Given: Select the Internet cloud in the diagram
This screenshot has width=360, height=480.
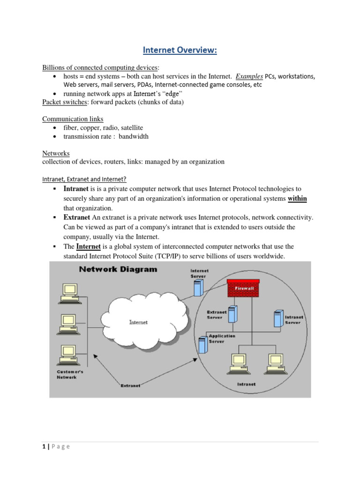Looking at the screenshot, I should pyautogui.click(x=138, y=322).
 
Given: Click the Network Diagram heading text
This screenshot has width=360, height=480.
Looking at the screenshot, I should pyautogui.click(x=118, y=270).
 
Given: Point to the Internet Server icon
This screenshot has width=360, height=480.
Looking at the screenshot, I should pyautogui.click(x=199, y=289).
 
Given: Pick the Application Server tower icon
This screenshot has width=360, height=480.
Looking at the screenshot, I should pyautogui.click(x=202, y=345).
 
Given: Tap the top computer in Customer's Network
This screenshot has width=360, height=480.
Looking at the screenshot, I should pyautogui.click(x=66, y=292).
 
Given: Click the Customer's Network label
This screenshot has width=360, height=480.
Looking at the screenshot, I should pyautogui.click(x=67, y=374).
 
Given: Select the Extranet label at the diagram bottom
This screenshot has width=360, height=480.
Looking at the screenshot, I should pyautogui.click(x=131, y=385).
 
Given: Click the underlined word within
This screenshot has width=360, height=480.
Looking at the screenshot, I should pyautogui.click(x=297, y=198).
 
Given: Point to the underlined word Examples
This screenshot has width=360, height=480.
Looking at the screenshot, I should pyautogui.click(x=249, y=76).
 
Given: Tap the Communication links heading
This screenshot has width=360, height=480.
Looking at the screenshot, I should pyautogui.click(x=73, y=119).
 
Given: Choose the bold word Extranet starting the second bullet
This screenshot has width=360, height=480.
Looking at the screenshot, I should pyautogui.click(x=77, y=217).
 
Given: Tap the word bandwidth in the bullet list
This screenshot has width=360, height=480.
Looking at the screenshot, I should pyautogui.click(x=134, y=136).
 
